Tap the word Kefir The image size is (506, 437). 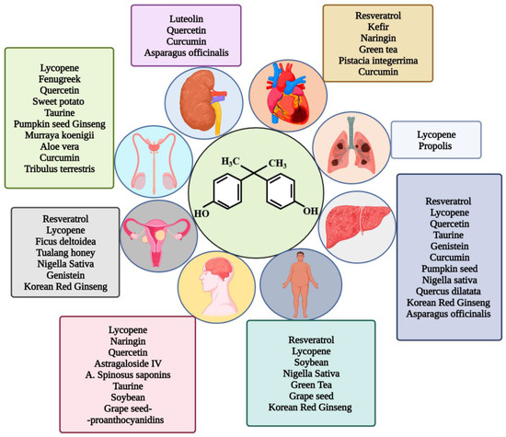tap(379, 29)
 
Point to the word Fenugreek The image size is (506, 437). tap(59, 80)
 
